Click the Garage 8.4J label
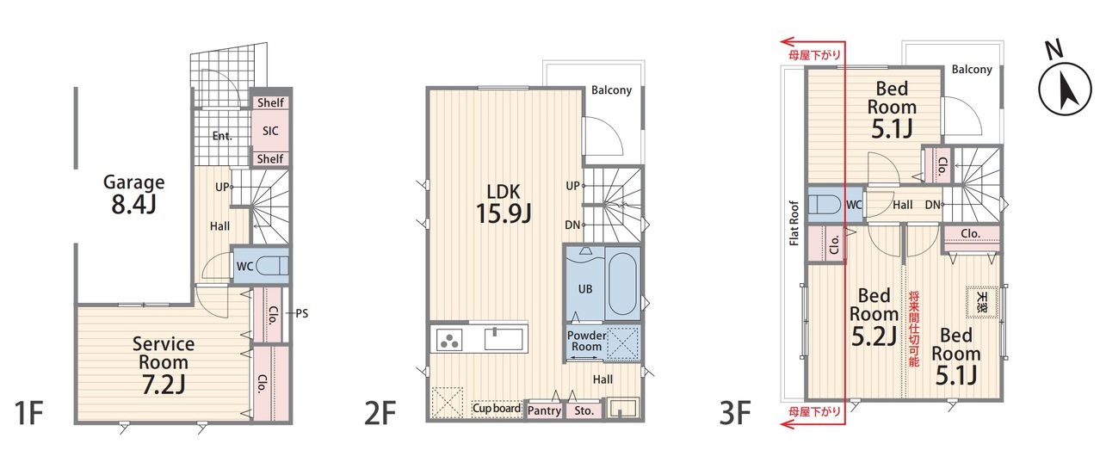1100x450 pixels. [x=133, y=194]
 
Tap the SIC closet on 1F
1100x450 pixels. [x=270, y=131]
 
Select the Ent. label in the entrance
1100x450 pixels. [x=222, y=136]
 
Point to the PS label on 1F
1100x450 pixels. [x=301, y=313]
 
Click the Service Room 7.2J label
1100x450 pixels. [x=163, y=366]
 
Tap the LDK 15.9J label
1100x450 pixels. [x=504, y=204]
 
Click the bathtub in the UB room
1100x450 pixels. [x=621, y=287]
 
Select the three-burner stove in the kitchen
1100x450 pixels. [x=449, y=340]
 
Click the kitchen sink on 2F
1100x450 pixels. [x=504, y=339]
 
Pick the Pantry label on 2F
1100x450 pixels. [x=544, y=410]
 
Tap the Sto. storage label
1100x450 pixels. [x=584, y=410]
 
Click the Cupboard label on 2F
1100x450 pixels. [x=497, y=409]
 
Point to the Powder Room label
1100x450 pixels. [x=586, y=341]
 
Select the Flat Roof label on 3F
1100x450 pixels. [x=794, y=223]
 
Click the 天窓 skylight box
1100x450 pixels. [x=981, y=302]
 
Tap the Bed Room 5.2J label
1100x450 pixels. [x=874, y=317]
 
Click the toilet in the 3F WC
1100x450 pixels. [x=824, y=205]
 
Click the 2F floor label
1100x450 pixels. [x=380, y=413]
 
